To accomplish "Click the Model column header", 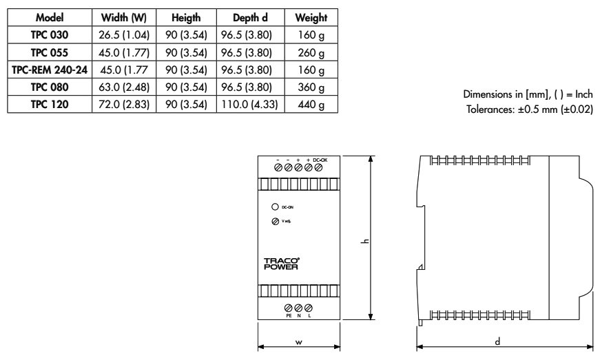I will (50, 17).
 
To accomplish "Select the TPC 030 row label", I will (50, 34).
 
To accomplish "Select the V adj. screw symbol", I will (275, 221).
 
